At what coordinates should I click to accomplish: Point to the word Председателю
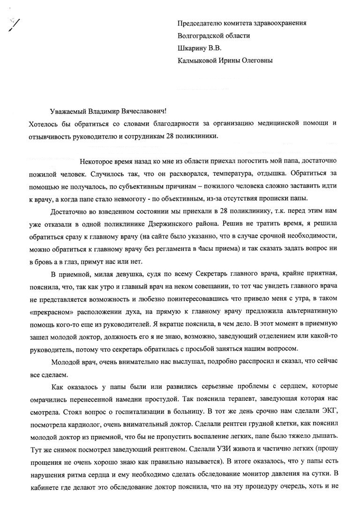coord(200,23)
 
